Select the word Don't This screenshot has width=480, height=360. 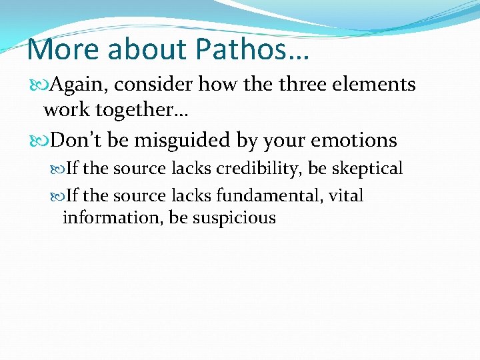pos(74,140)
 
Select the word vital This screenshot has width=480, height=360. pos(347,196)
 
